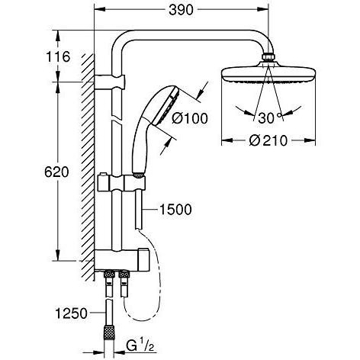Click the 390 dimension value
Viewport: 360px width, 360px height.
click(x=181, y=10)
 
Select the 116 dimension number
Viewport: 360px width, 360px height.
click(x=58, y=56)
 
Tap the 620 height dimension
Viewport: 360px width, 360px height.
click(x=56, y=172)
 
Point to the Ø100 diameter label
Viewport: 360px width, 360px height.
click(x=190, y=118)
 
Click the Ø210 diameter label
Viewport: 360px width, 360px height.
click(x=268, y=140)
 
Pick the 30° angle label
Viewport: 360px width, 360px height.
click(x=270, y=118)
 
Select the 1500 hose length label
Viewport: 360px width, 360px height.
click(x=175, y=210)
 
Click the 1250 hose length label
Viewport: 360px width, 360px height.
click(x=72, y=313)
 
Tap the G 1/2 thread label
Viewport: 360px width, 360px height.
click(x=140, y=346)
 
